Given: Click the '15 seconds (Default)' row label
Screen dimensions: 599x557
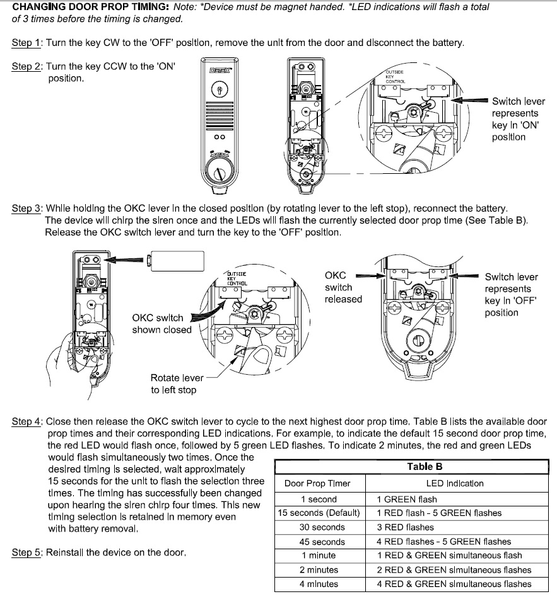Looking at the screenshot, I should click(x=319, y=513).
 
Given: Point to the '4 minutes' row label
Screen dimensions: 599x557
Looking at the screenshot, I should click(x=319, y=584).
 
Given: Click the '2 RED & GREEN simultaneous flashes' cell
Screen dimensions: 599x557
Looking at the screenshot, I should click(x=454, y=569).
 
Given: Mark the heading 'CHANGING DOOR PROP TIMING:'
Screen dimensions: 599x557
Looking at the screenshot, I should click(x=82, y=6).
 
